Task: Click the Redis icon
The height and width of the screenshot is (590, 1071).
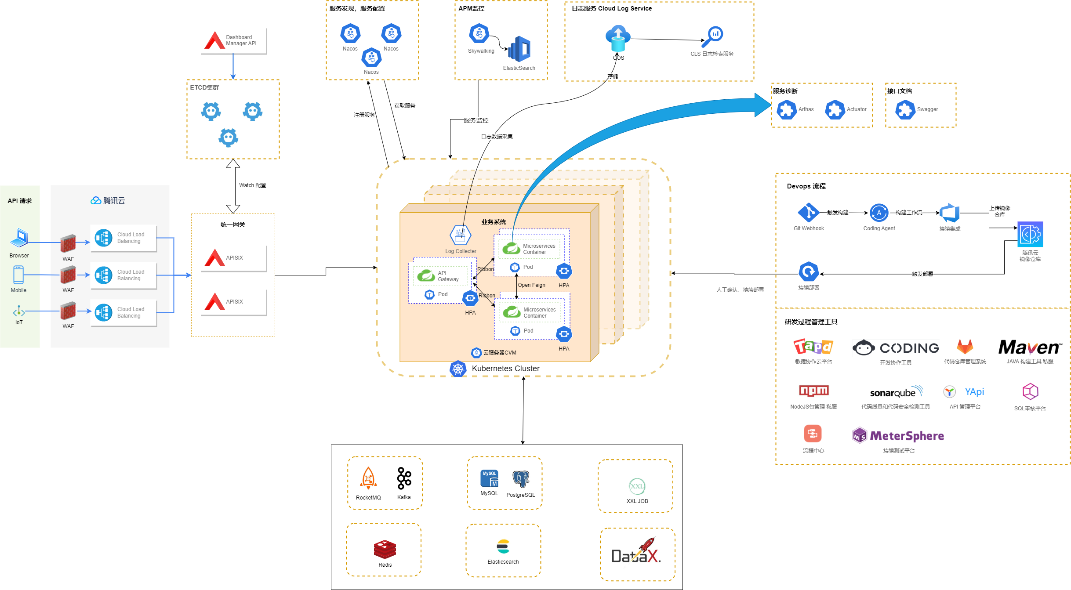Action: pyautogui.click(x=385, y=549)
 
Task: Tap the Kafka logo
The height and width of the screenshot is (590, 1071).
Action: pyautogui.click(x=404, y=478)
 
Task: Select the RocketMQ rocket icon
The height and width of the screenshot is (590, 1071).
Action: pyautogui.click(x=368, y=478)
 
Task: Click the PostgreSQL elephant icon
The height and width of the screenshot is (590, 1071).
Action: pyautogui.click(x=521, y=479)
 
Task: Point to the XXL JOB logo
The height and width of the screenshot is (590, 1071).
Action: pyautogui.click(x=637, y=486)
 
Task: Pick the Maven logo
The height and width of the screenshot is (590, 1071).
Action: pyautogui.click(x=1030, y=347)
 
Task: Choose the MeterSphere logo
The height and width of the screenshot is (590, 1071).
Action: pyautogui.click(x=898, y=436)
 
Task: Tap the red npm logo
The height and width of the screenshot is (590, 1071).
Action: pyautogui.click(x=813, y=391)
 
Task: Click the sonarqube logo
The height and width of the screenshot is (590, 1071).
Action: pyautogui.click(x=896, y=392)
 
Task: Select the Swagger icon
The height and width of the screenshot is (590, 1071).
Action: pyautogui.click(x=905, y=109)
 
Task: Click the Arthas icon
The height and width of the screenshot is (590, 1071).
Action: pyautogui.click(x=786, y=109)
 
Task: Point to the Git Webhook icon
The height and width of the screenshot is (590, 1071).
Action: pyautogui.click(x=808, y=213)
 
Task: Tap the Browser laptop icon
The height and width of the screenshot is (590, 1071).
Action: pyautogui.click(x=19, y=238)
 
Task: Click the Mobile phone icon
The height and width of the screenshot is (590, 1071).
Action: pyautogui.click(x=18, y=275)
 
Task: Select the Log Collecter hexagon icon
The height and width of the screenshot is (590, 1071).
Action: pyautogui.click(x=460, y=236)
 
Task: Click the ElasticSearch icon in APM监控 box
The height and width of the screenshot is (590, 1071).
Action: pyautogui.click(x=519, y=49)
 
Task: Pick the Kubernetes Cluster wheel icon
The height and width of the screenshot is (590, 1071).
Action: pyautogui.click(x=458, y=369)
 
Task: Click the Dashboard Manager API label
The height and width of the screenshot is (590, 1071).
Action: pyautogui.click(x=241, y=40)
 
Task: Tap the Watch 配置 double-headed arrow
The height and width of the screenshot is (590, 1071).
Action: pyautogui.click(x=233, y=186)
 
